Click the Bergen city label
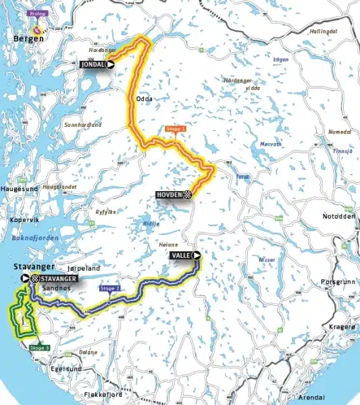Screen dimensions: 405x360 tap(28, 38)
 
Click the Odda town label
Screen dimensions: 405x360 tap(145, 99)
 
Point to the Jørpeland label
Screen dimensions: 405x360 tap(84, 268)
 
